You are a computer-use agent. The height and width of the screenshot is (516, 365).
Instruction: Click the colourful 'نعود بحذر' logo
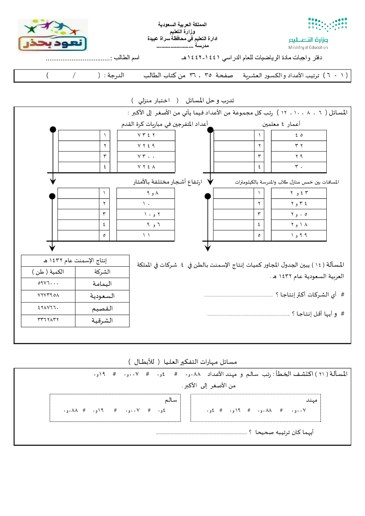pyautogui.click(x=53, y=36)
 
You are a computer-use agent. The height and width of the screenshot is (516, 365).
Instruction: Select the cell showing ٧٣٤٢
pyautogui.click(x=146, y=135)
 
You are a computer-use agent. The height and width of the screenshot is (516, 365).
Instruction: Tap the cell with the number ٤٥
pyautogui.click(x=299, y=135)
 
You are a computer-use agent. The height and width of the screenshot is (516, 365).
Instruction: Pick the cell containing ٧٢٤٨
pyautogui.click(x=146, y=167)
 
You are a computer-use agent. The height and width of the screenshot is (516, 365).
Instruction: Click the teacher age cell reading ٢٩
pyautogui.click(x=299, y=156)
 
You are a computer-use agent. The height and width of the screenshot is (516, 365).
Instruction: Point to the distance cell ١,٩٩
pyautogui.click(x=299, y=235)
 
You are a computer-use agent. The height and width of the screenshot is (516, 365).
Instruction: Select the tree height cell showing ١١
pyautogui.click(x=146, y=235)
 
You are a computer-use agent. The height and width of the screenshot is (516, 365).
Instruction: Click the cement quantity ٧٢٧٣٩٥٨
pyautogui.click(x=48, y=295)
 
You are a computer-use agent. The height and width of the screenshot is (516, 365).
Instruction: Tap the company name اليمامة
pyautogui.click(x=102, y=284)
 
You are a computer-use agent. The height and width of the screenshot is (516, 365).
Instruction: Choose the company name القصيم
pyautogui.click(x=102, y=309)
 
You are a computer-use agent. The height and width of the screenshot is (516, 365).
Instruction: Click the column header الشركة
pyautogui.click(x=102, y=272)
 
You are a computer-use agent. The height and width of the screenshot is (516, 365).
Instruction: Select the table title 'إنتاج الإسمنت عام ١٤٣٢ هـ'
pyautogui.click(x=75, y=261)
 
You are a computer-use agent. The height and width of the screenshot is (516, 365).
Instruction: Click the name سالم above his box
pyautogui.click(x=171, y=400)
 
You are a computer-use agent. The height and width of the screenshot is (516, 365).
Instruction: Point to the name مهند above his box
pyautogui.click(x=311, y=400)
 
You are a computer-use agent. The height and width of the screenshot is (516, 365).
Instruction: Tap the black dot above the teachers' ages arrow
pyautogui.click(x=210, y=129)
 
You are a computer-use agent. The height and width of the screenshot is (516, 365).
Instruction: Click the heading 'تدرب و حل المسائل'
pyautogui.click(x=210, y=100)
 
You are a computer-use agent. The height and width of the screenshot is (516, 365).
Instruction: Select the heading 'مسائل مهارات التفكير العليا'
pyautogui.click(x=200, y=362)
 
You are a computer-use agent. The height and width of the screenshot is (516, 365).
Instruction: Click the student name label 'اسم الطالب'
pyautogui.click(x=126, y=58)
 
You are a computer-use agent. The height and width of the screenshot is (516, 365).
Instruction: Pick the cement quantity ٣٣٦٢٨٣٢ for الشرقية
pyautogui.click(x=48, y=320)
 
